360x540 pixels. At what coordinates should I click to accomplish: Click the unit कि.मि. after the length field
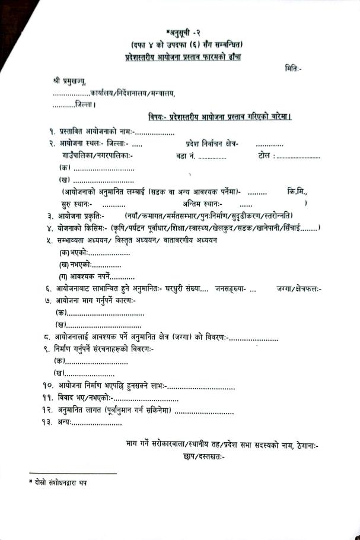pos(297,192)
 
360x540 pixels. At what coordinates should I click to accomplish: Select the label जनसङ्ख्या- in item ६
pos(230,288)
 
